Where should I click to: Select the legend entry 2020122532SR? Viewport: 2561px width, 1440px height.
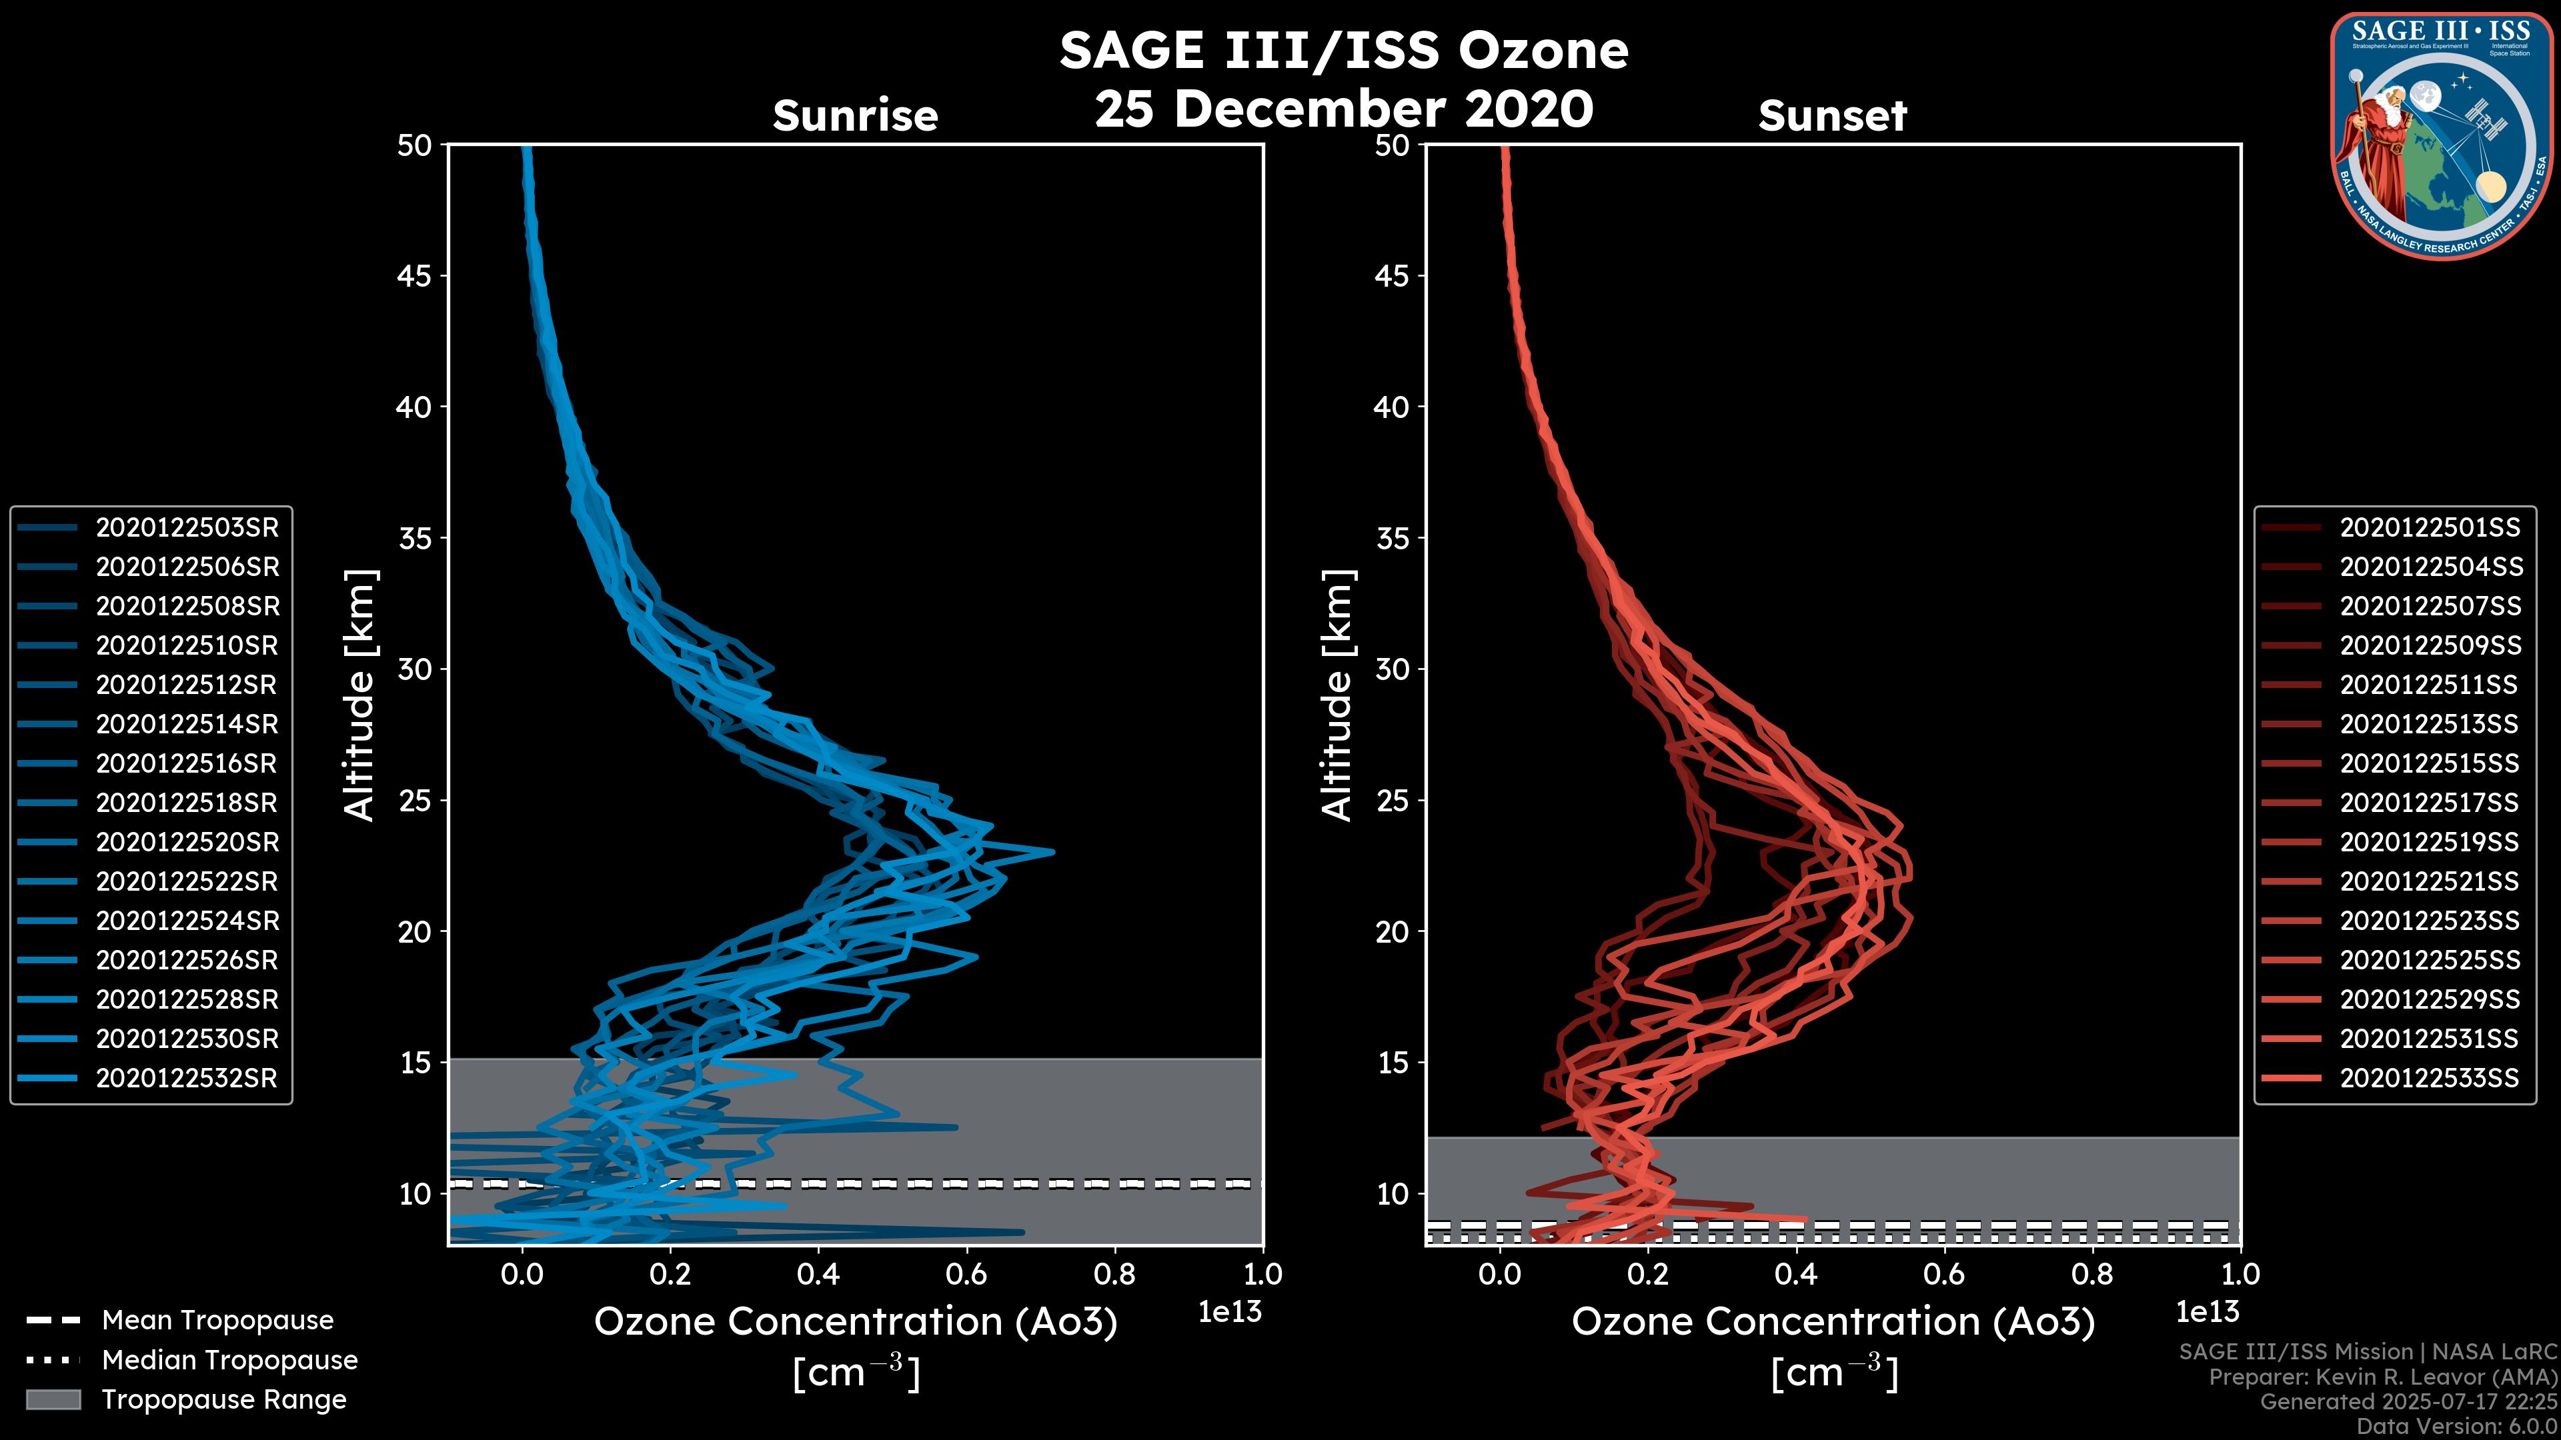tap(187, 1078)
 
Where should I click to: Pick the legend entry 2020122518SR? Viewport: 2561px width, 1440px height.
tap(187, 803)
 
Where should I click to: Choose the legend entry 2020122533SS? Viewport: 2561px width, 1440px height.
tap(2430, 1078)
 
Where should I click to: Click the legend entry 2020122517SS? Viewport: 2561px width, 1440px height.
tap(2430, 803)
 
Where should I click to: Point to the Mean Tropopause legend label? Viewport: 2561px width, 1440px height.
tap(217, 1321)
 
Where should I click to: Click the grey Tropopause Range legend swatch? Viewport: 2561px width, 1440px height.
tap(53, 1399)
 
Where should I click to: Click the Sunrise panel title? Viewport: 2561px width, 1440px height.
tap(855, 116)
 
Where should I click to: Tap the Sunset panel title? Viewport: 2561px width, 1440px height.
tap(1832, 116)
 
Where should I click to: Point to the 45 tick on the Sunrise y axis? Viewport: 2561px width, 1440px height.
tap(415, 276)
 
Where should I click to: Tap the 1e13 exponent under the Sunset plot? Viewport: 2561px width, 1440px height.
tap(2207, 1312)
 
